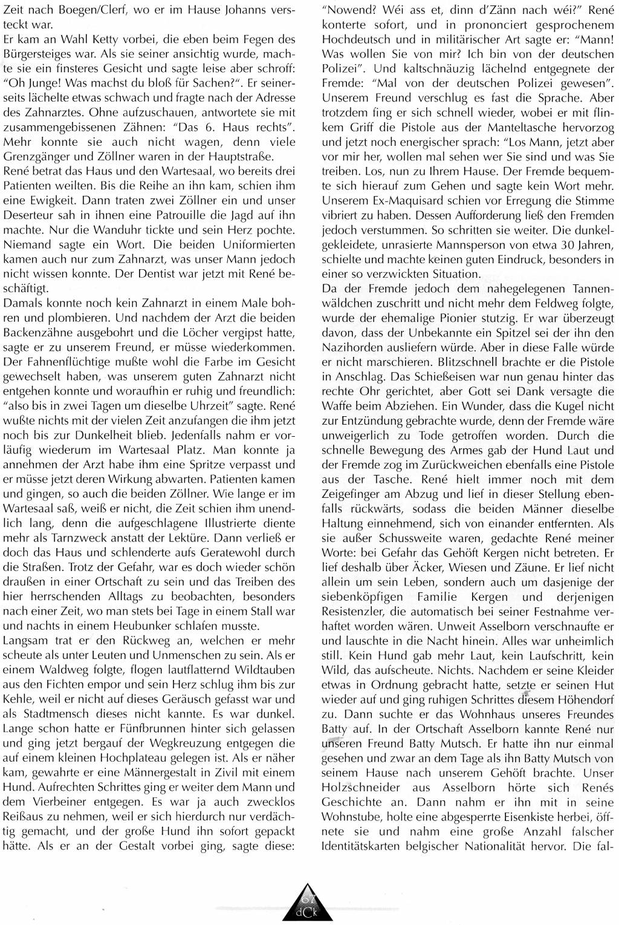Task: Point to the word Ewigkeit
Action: [x=32, y=200]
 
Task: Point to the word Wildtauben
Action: [x=263, y=670]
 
